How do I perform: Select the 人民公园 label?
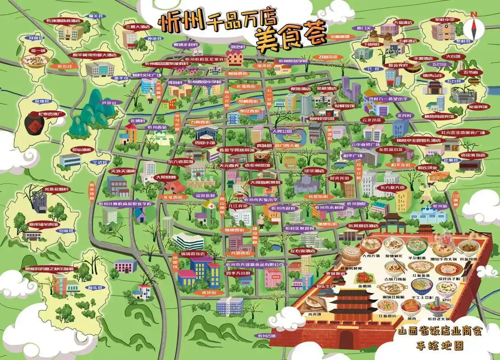click(x=282, y=131)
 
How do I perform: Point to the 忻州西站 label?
click(x=157, y=127)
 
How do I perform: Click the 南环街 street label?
click(x=209, y=292)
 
